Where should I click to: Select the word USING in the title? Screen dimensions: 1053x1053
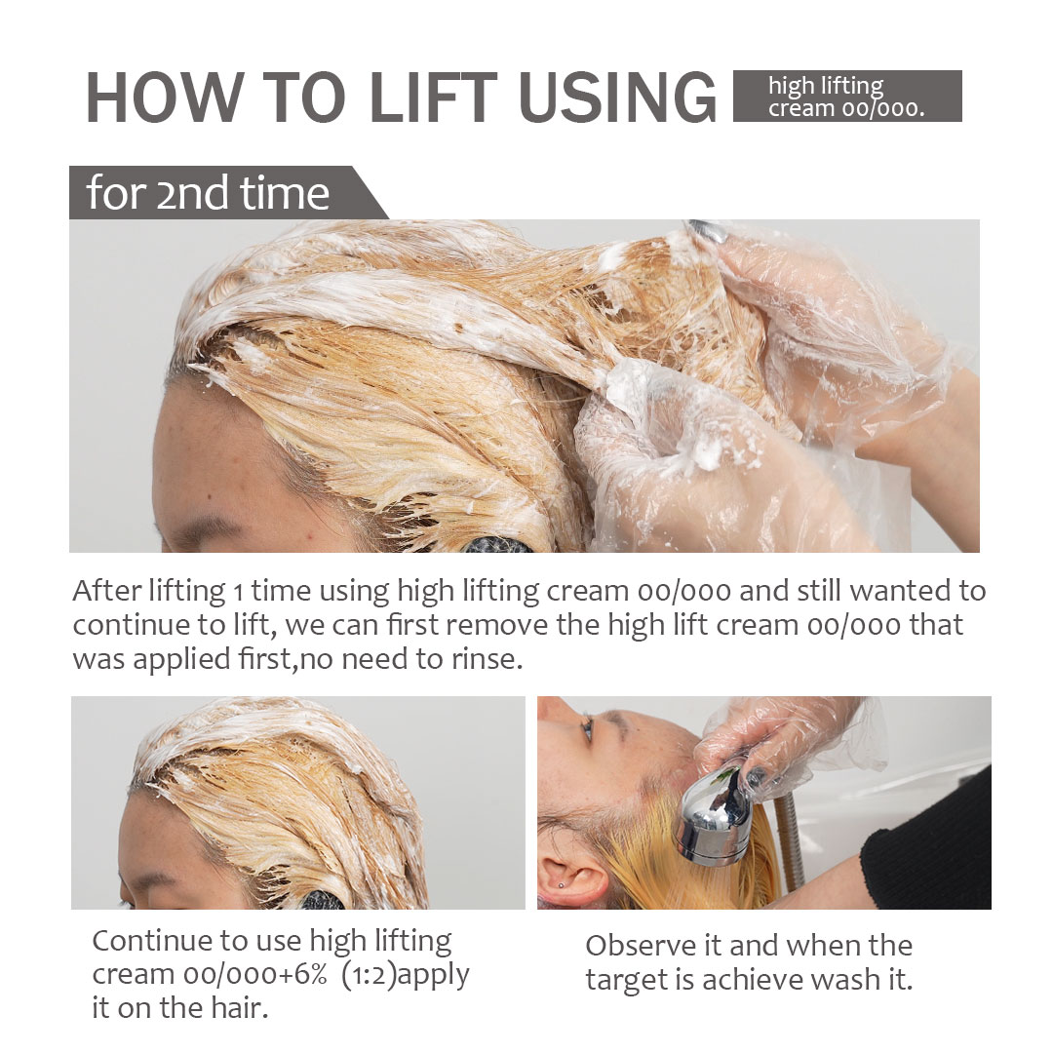[x=617, y=97]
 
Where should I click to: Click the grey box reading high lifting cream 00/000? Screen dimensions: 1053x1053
[x=847, y=96]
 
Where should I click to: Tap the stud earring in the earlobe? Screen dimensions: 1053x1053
[x=562, y=885]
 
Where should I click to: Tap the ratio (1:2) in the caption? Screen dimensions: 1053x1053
[x=368, y=974]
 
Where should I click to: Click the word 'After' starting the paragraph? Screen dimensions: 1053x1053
[x=107, y=591]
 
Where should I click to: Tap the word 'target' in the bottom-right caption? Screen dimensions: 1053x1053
[x=627, y=981]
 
